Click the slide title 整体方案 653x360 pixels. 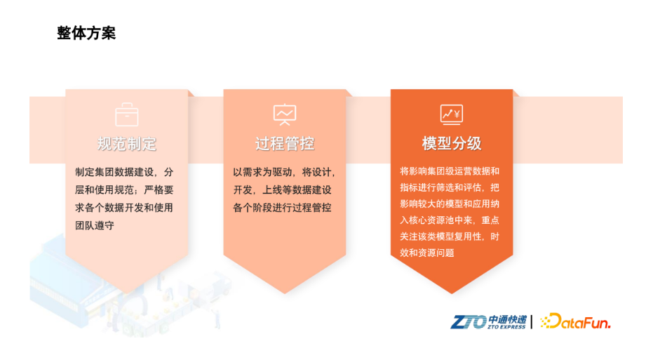click(86, 33)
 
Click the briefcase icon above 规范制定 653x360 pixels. click(126, 114)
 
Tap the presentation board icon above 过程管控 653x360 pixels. click(285, 114)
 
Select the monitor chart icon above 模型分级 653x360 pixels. click(452, 114)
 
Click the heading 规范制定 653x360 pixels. click(126, 144)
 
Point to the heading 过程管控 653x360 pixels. click(285, 144)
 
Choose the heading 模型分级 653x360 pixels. click(452, 143)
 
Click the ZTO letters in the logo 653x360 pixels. click(469, 322)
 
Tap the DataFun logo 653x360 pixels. click(575, 321)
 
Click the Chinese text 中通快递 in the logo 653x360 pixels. click(507, 319)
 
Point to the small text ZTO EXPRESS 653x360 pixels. click(506, 327)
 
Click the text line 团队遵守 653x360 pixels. click(95, 225)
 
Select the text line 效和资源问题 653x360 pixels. click(427, 253)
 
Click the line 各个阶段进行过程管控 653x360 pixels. click(282, 208)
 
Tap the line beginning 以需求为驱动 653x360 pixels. click(285, 172)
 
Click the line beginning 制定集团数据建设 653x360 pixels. click(124, 172)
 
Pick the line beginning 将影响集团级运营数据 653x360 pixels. click(450, 171)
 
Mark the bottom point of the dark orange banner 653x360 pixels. click(452, 294)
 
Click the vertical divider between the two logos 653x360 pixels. click(532, 322)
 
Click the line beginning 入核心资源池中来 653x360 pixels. click(450, 220)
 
